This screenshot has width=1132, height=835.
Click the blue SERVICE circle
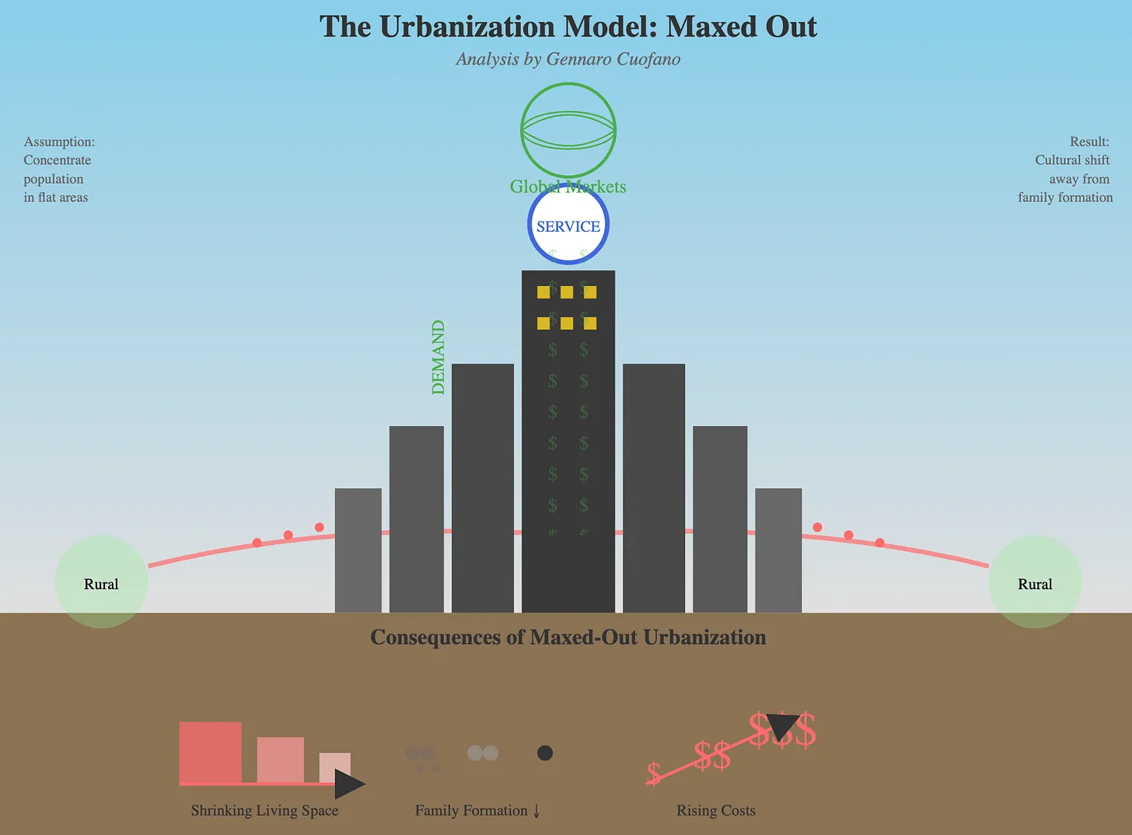pyautogui.click(x=568, y=225)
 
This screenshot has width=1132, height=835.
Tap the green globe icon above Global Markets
pyautogui.click(x=568, y=130)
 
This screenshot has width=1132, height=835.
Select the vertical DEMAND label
pyautogui.click(x=438, y=358)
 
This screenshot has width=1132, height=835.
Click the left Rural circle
pyautogui.click(x=101, y=582)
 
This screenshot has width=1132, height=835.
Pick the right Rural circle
pyautogui.click(x=1035, y=582)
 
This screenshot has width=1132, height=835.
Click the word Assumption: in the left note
pyautogui.click(x=59, y=141)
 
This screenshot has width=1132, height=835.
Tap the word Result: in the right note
pyautogui.click(x=1089, y=141)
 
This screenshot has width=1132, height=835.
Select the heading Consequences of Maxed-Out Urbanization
pyautogui.click(x=568, y=638)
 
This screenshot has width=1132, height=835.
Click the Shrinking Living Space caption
pyautogui.click(x=264, y=810)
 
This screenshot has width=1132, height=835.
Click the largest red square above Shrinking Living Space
pyautogui.click(x=210, y=752)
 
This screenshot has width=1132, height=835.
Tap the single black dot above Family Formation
pyautogui.click(x=545, y=753)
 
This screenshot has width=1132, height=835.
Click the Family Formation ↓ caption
pyautogui.click(x=477, y=810)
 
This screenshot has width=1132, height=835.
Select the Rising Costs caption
pyautogui.click(x=716, y=810)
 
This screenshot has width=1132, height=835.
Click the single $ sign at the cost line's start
pyautogui.click(x=654, y=774)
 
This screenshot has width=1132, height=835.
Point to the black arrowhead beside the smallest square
pyautogui.click(x=348, y=784)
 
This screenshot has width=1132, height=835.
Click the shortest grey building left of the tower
pyautogui.click(x=358, y=550)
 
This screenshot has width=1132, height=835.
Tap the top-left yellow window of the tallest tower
pyautogui.click(x=543, y=292)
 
